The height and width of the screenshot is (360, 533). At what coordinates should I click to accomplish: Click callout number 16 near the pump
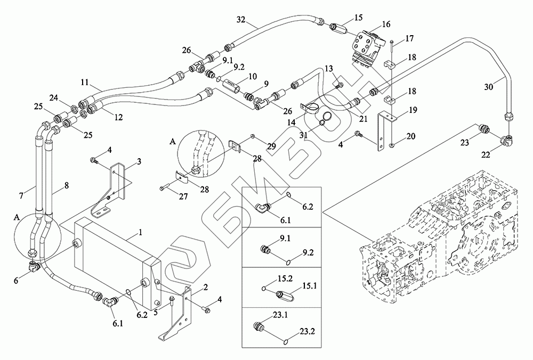click(x=386, y=24)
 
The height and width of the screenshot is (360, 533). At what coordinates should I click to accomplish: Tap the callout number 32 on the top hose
click(x=241, y=19)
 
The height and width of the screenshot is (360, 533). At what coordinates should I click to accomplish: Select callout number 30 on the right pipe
click(x=488, y=87)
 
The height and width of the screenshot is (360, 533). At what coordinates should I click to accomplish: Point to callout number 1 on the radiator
click(x=140, y=233)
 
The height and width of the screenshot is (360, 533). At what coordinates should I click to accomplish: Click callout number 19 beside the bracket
click(x=413, y=110)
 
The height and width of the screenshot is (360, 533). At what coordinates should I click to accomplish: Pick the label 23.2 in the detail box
click(x=308, y=331)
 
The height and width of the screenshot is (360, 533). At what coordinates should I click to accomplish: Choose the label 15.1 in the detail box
click(x=310, y=286)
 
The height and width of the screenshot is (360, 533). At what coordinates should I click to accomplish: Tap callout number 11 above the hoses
click(x=85, y=82)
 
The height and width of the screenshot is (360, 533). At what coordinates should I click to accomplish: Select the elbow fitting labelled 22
click(x=508, y=139)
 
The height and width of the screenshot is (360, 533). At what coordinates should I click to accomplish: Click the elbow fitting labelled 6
click(x=35, y=265)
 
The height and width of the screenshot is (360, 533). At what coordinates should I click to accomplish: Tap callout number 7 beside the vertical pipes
click(x=21, y=195)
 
